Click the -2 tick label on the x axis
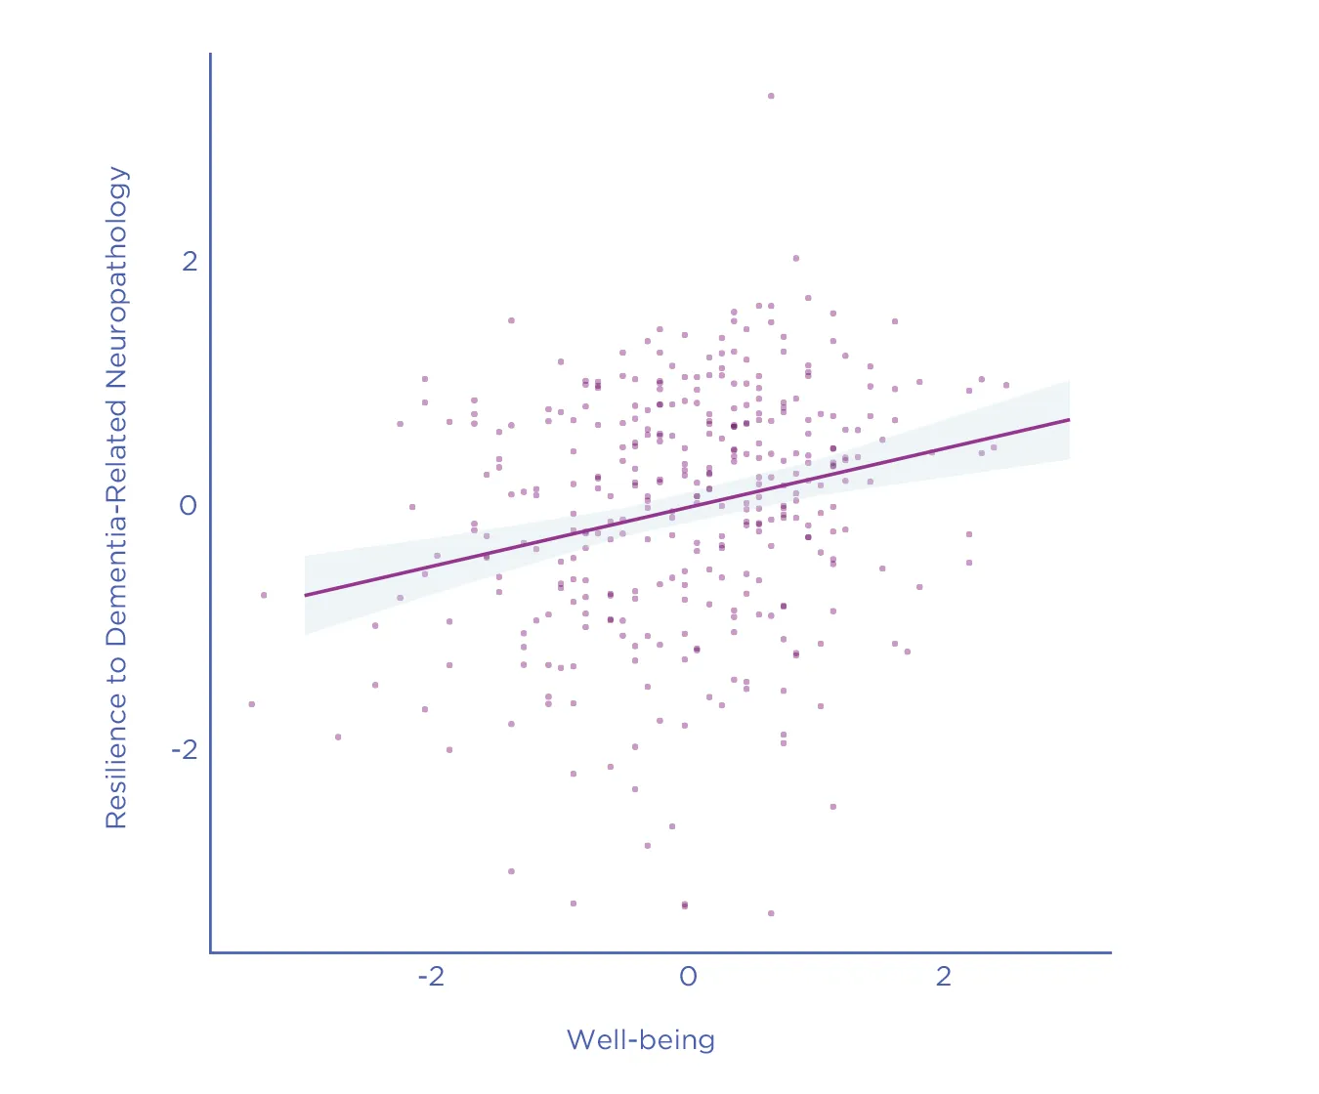click(x=431, y=977)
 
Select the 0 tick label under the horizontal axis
click(x=688, y=977)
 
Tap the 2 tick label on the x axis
click(x=943, y=977)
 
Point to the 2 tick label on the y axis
click(x=190, y=261)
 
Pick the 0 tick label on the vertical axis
click(x=189, y=505)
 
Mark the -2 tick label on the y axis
click(x=185, y=749)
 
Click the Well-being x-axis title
click(x=641, y=1040)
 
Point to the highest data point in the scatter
click(x=771, y=96)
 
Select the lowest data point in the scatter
click(x=771, y=913)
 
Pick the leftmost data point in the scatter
click(x=252, y=704)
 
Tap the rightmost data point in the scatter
click(x=1006, y=385)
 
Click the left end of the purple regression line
click(x=305, y=595)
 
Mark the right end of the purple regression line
click(x=1070, y=419)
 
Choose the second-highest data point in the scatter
click(x=796, y=258)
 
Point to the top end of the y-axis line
click(x=210, y=54)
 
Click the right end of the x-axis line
click(x=1111, y=951)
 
